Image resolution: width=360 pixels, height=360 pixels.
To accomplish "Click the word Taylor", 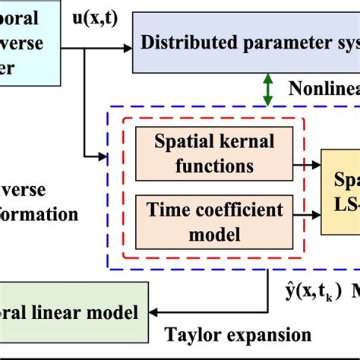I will pyautogui.click(x=191, y=335).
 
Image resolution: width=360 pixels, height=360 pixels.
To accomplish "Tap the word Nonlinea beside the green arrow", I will pyautogui.click(x=323, y=90).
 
